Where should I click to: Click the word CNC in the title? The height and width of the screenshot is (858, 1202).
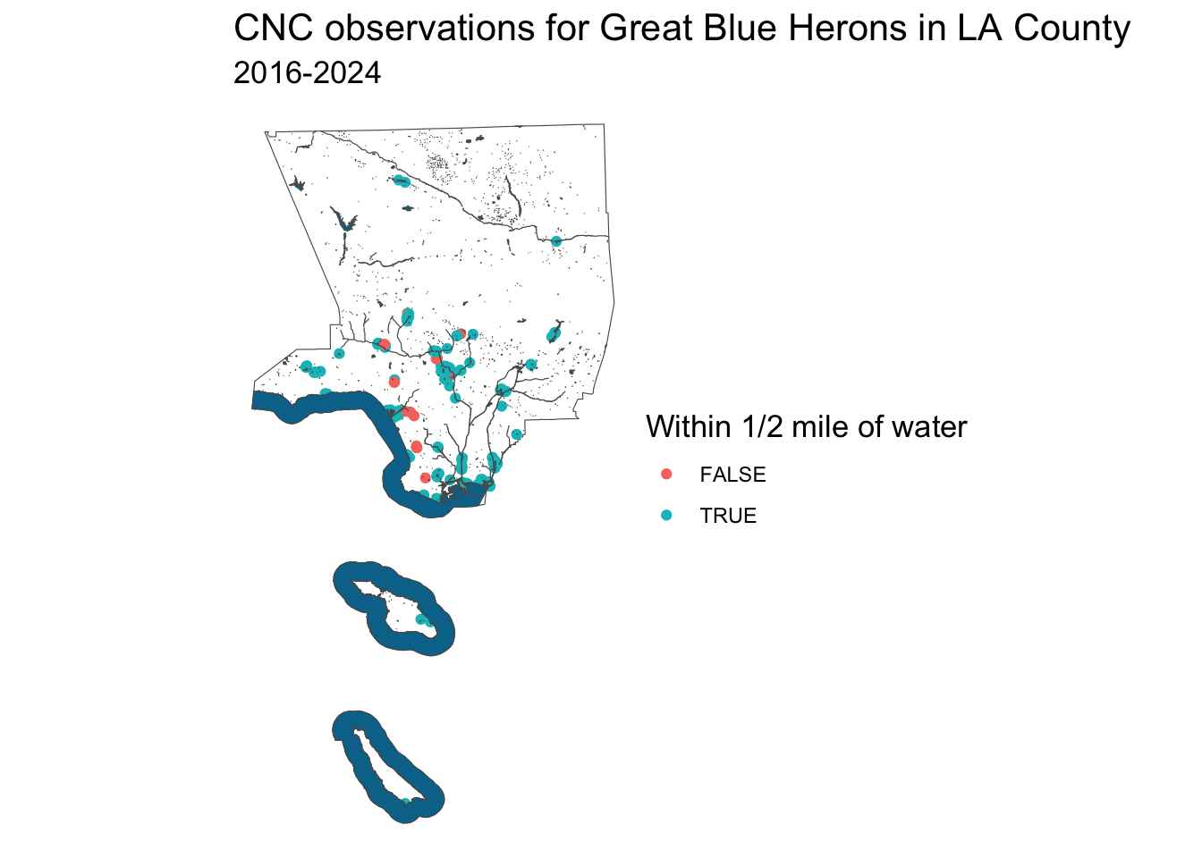[x=274, y=28]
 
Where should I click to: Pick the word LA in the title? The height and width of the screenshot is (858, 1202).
[x=980, y=28]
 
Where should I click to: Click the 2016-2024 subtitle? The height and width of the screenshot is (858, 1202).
[x=307, y=73]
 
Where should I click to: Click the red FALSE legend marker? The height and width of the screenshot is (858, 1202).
[x=666, y=474]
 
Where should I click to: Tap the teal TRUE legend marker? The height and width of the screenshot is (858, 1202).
[x=666, y=516]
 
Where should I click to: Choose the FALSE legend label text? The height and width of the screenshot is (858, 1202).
[x=733, y=475]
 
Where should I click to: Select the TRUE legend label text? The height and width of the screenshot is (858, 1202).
[x=728, y=516]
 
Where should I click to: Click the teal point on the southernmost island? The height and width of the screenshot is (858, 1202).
[x=406, y=802]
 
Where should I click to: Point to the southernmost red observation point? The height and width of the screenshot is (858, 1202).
[x=425, y=477]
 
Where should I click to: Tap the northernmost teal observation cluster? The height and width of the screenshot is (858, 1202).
[x=402, y=181]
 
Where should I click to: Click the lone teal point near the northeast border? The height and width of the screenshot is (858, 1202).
[x=556, y=241]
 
